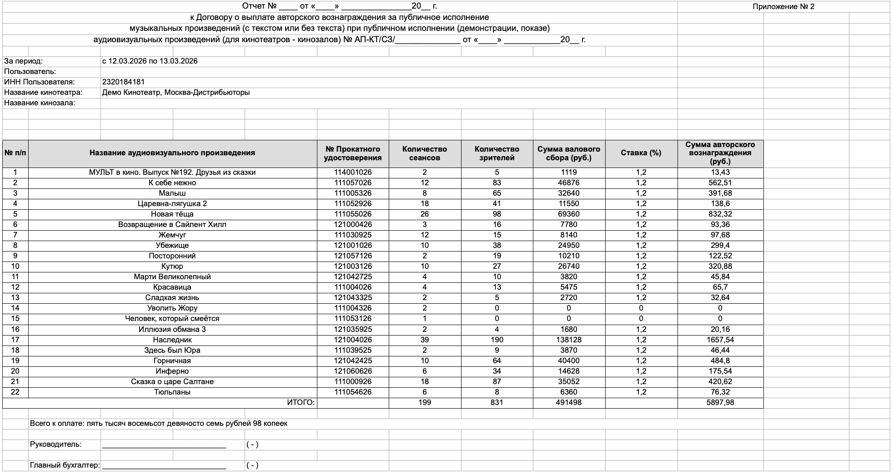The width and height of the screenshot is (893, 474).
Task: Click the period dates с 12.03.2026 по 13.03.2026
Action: tap(150, 61)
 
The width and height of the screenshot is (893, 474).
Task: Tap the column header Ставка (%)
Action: tap(641, 153)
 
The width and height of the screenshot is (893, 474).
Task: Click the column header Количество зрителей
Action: tap(497, 153)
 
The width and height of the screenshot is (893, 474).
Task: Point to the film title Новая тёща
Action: tap(172, 214)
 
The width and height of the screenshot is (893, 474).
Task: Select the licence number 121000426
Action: tap(353, 225)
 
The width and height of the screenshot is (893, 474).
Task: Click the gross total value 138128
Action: tap(568, 340)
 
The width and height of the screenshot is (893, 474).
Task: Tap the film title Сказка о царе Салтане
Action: tap(172, 382)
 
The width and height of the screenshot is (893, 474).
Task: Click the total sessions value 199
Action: tap(424, 403)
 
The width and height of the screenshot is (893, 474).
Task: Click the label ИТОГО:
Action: tap(301, 403)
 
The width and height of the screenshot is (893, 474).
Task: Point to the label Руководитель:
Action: tap(56, 444)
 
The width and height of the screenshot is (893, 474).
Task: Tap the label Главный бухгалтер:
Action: tap(65, 465)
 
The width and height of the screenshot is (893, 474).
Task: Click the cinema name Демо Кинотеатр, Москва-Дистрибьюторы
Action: tap(176, 93)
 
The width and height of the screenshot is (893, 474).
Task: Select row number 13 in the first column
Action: tap(15, 298)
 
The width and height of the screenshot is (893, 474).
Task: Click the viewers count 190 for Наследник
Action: tap(497, 340)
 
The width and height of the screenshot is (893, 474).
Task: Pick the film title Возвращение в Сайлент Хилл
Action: tap(172, 225)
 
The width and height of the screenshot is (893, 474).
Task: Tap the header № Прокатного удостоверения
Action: tap(353, 153)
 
